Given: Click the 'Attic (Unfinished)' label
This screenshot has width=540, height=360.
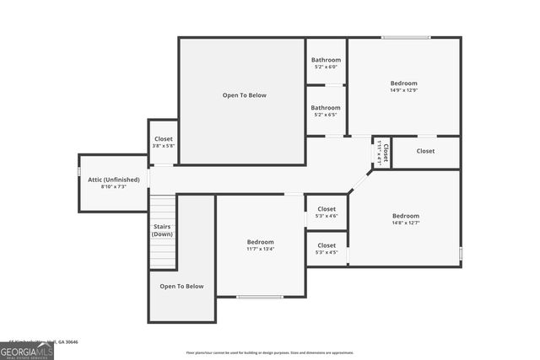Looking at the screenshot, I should click(x=112, y=179).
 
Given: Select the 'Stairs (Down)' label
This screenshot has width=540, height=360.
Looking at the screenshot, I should click(x=162, y=230).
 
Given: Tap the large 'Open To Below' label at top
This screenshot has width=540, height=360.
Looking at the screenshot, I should click(x=244, y=95).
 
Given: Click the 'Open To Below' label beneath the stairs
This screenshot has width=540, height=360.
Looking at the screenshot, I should click(x=181, y=287).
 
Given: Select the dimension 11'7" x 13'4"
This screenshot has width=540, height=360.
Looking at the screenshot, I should click(x=260, y=250).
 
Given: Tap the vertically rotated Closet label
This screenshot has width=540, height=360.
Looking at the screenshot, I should click(x=384, y=153).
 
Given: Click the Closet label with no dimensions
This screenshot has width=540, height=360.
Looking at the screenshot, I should click(x=425, y=152).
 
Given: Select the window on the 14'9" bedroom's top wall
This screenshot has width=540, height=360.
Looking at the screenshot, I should click(x=406, y=37).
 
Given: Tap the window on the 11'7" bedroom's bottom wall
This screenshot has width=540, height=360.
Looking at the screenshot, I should click(x=259, y=297).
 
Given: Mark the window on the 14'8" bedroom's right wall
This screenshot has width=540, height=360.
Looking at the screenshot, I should click(x=461, y=252).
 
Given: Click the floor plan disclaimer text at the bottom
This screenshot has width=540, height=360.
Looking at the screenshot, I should click(x=270, y=353).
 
